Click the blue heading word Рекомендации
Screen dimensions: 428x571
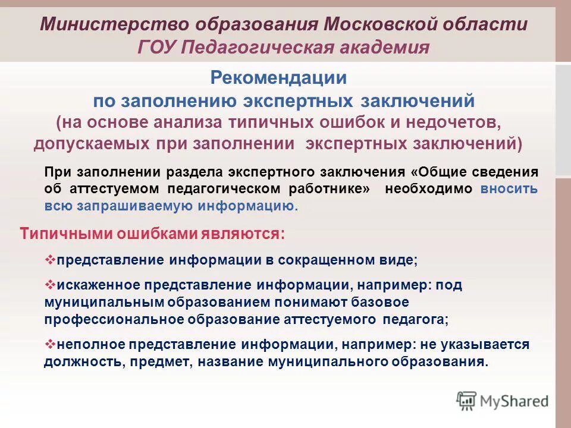pyautogui.click(x=278, y=78)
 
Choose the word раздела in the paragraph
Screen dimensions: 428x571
pyautogui.click(x=192, y=172)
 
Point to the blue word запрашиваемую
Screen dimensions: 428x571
pyautogui.click(x=133, y=206)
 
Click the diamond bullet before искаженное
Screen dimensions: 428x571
pyautogui.click(x=50, y=284)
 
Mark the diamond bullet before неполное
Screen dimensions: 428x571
pyautogui.click(x=50, y=344)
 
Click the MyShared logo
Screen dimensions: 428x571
pyautogui.click(x=503, y=400)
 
